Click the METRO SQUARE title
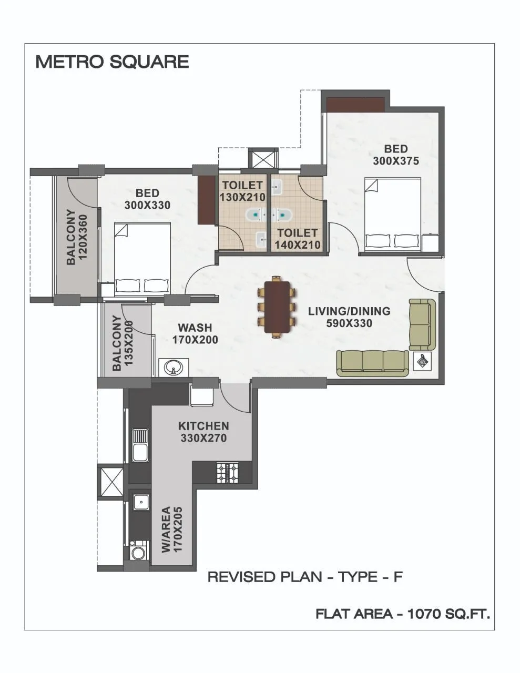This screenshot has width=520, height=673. [112, 62]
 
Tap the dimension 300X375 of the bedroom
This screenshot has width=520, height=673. [396, 161]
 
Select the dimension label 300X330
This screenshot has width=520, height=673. [147, 205]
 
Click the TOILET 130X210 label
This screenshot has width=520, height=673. [242, 191]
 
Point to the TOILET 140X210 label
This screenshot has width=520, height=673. [298, 238]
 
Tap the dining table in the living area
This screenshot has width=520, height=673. [277, 307]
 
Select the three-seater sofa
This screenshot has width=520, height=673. [372, 363]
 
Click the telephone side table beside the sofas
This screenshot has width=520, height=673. [424, 362]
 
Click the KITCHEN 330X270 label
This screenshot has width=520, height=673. [203, 431]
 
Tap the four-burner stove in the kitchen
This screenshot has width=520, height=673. [227, 472]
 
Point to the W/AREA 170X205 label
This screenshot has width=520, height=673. [171, 529]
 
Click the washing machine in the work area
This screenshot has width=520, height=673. [138, 553]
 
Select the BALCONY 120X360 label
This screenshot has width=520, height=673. [76, 237]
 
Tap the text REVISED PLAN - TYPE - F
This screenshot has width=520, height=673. [305, 577]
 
